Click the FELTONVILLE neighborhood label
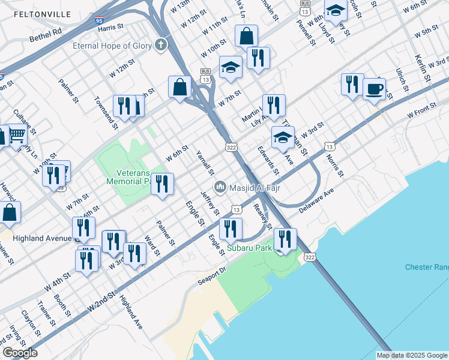point(42,14)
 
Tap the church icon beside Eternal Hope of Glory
point(160,45)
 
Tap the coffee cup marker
point(374,89)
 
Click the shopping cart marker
point(17,135)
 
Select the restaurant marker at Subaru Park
point(285,239)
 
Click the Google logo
point(20,353)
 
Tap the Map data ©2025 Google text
point(411,355)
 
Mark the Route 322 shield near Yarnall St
point(230,147)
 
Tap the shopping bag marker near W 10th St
point(246,37)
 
